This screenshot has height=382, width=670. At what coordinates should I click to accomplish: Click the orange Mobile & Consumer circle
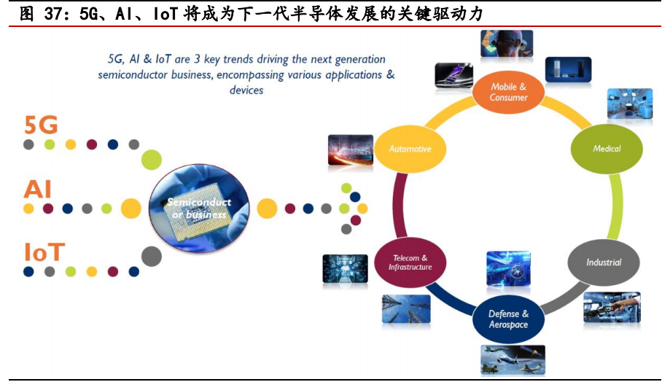click(508, 92)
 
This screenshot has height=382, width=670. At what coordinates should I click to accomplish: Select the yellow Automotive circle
click(410, 149)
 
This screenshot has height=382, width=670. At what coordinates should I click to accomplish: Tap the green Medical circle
click(607, 149)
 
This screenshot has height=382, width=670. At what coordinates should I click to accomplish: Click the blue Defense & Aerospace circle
click(508, 319)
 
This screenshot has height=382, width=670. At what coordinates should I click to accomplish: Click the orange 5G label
click(41, 125)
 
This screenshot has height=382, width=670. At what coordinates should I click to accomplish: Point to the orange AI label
click(37, 190)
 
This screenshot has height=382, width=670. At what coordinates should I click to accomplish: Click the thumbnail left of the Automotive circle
click(351, 149)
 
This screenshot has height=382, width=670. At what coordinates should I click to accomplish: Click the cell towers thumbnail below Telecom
click(406, 309)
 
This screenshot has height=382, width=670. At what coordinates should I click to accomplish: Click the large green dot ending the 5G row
click(152, 158)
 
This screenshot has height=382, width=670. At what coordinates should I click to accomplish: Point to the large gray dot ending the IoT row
click(151, 256)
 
